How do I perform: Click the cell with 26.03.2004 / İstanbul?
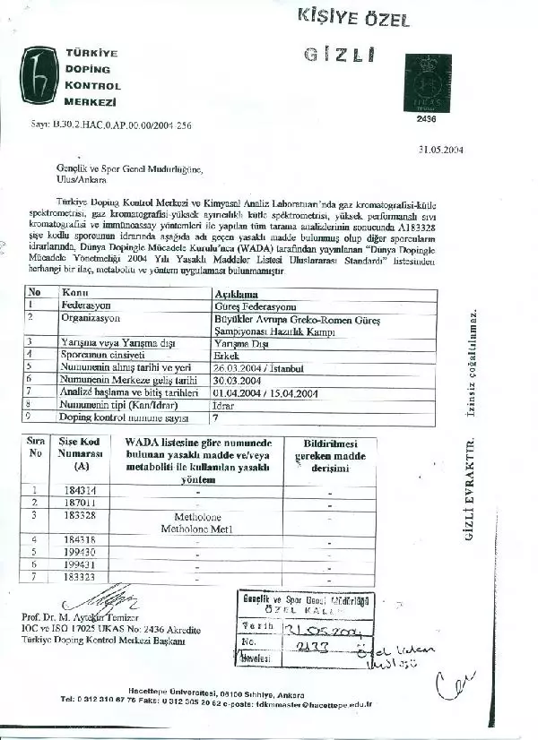tap(259, 367)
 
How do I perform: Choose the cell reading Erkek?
tap(223, 355)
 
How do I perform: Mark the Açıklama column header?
tap(235, 293)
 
